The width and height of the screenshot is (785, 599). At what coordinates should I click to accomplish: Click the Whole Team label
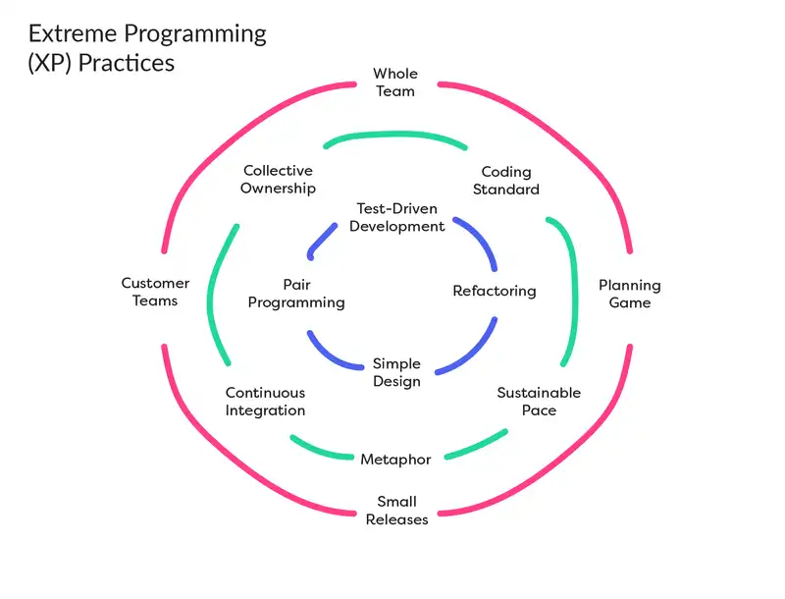[x=395, y=82]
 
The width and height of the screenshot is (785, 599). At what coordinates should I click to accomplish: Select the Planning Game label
[x=630, y=295]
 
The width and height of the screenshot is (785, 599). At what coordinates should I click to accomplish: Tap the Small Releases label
[x=397, y=511]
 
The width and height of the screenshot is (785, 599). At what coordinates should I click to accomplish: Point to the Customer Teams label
[x=155, y=292]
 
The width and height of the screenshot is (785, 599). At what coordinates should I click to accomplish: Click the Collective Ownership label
[x=278, y=180]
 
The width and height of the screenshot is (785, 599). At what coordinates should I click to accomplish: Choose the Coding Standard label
[x=506, y=181]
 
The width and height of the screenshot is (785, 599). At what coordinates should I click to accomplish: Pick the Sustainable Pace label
[x=539, y=402]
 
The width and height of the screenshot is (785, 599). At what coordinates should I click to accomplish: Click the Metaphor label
[x=395, y=460]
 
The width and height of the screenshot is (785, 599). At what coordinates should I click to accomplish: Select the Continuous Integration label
[x=265, y=402]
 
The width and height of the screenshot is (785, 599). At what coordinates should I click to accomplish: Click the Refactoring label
[x=495, y=291]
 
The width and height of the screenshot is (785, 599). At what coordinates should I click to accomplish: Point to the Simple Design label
[x=396, y=372]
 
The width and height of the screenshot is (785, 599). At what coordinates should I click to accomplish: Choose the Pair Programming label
[x=296, y=294]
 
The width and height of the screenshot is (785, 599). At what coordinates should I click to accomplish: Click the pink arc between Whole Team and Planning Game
[x=569, y=147]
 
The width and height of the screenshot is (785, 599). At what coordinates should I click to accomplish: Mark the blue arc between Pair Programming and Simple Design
[x=334, y=355]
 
